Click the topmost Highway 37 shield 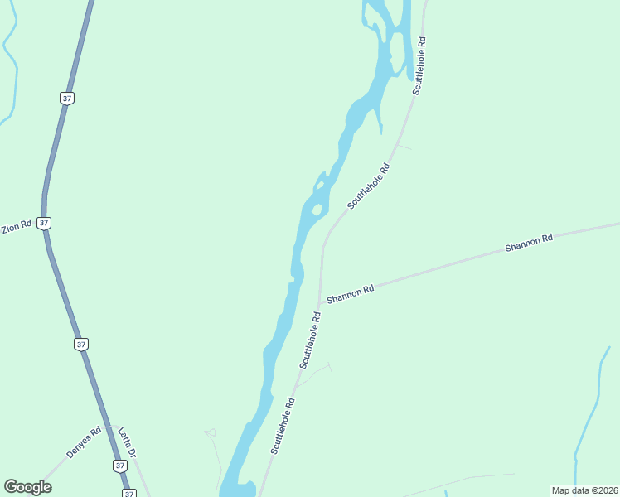(x=67, y=98)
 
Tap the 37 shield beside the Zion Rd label (x=44, y=223)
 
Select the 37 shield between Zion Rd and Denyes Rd (x=80, y=344)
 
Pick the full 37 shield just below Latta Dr (x=120, y=466)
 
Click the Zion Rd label (x=17, y=226)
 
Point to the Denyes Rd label (x=84, y=442)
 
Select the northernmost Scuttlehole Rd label (x=419, y=65)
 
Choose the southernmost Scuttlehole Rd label (x=283, y=426)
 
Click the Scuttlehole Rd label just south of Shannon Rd (x=309, y=340)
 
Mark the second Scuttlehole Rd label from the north (x=369, y=186)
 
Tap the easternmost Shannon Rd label (x=529, y=244)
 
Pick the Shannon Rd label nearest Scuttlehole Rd (x=351, y=293)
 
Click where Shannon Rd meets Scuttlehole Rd (x=320, y=303)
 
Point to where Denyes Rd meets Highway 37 (x=110, y=426)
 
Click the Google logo (x=27, y=487)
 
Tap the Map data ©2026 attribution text (x=584, y=490)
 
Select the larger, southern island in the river (x=316, y=210)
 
